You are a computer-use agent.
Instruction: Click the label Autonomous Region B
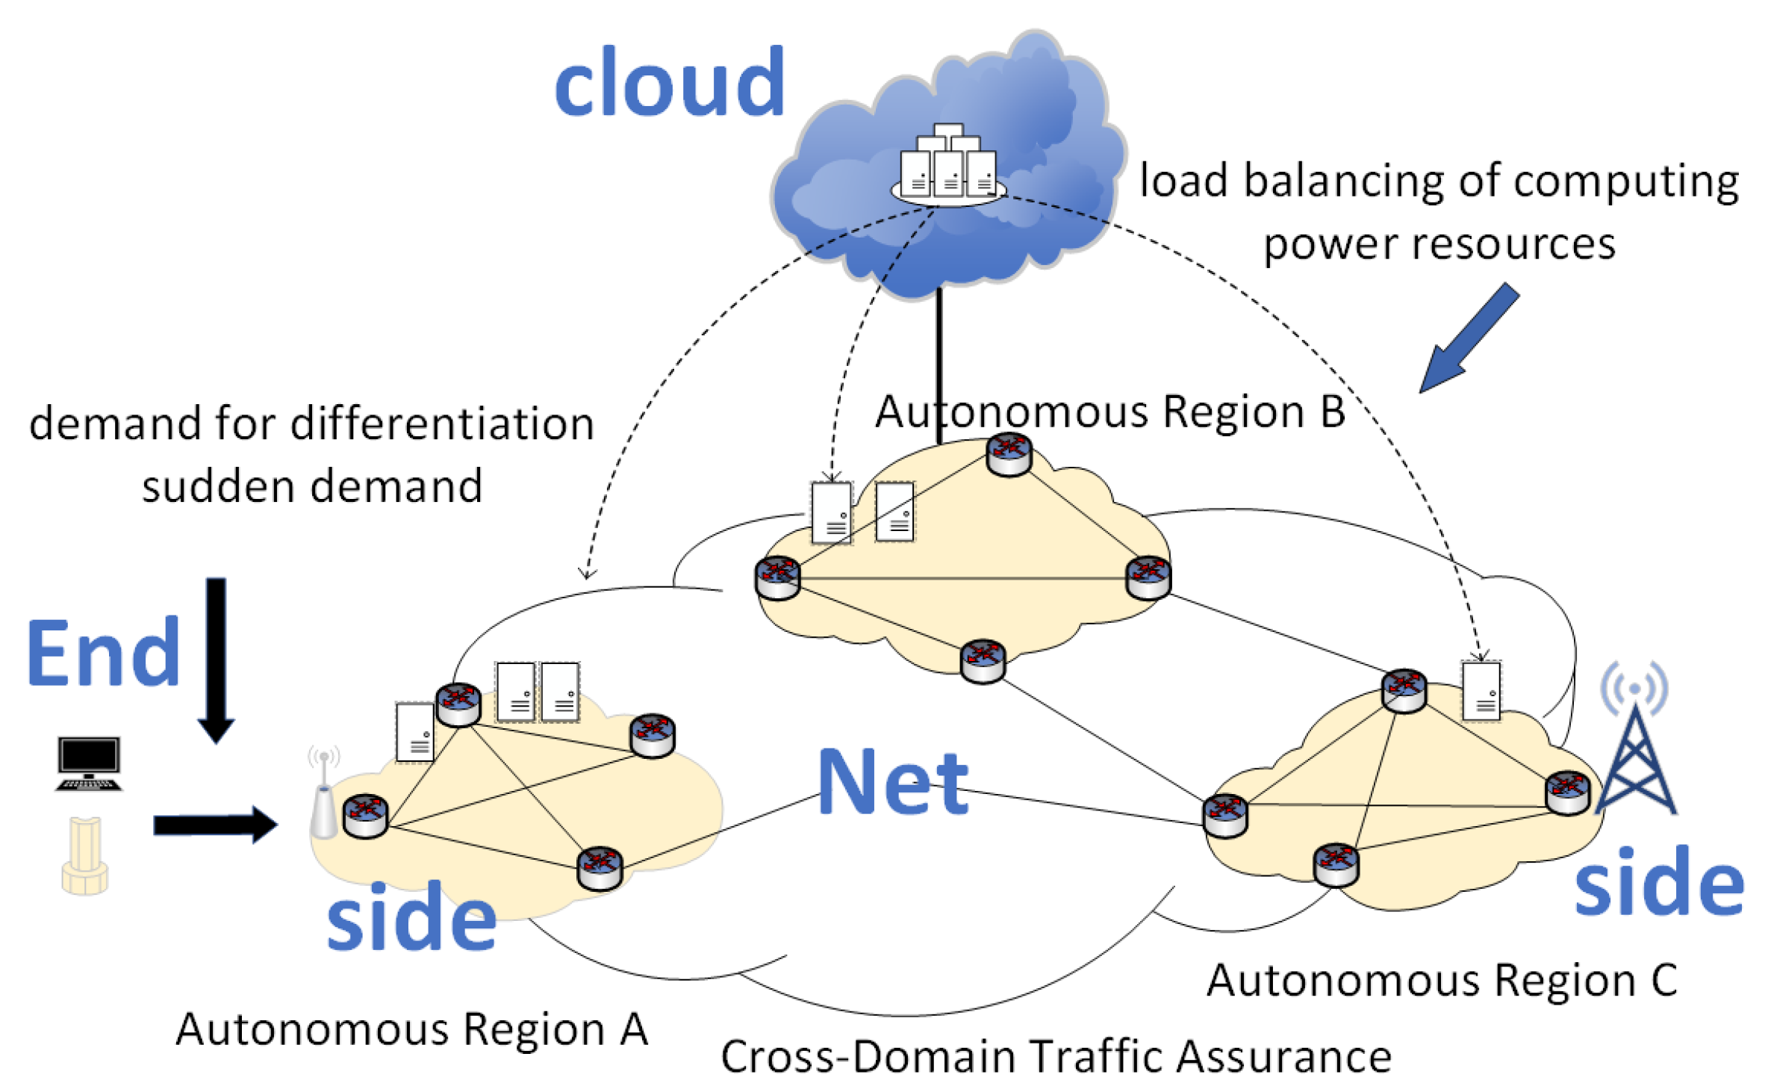coord(1109,412)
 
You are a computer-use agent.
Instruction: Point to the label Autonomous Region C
coord(1442,980)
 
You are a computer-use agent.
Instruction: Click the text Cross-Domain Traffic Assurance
coord(1056,1056)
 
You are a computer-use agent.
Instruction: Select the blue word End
coord(103,654)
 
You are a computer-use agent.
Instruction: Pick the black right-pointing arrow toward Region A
coord(215,825)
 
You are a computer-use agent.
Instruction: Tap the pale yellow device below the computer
coord(84,856)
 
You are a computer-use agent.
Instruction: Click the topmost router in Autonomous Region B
coord(1009,453)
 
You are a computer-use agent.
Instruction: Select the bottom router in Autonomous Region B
coord(983,660)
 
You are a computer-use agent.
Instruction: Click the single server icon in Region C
coord(1481,691)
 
